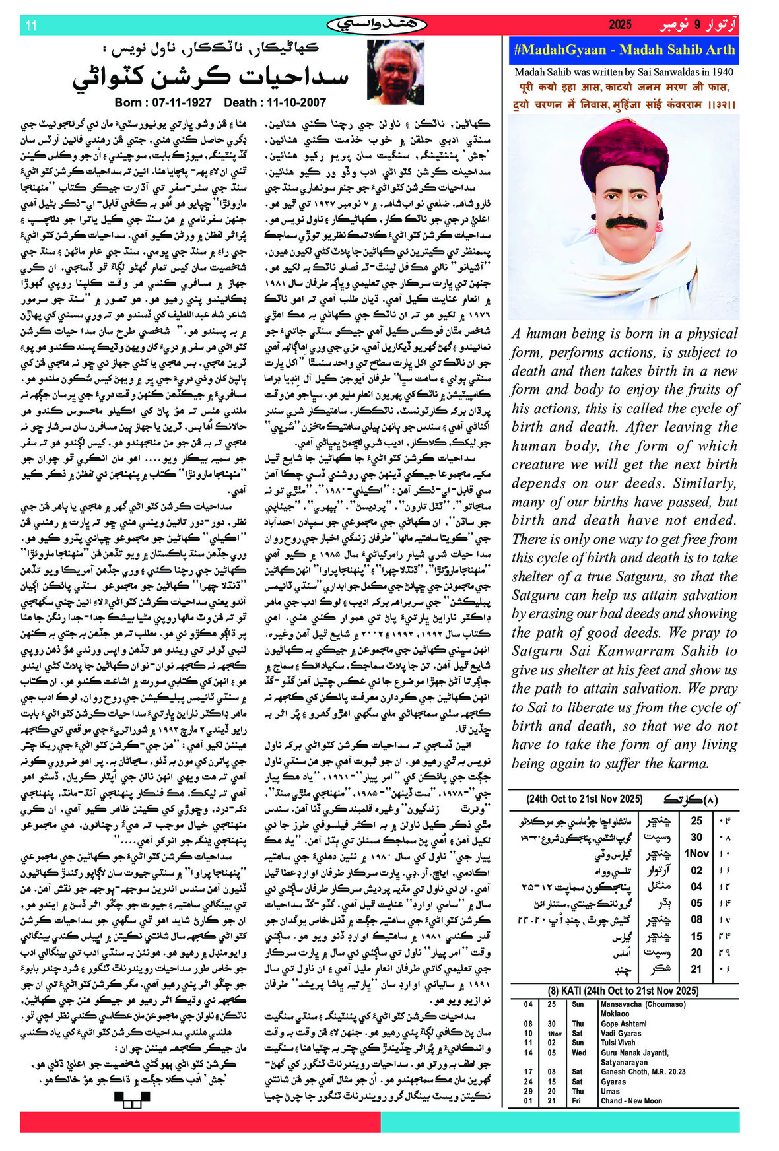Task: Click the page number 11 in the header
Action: pos(30,26)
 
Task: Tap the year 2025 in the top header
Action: pos(620,25)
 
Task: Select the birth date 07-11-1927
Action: pos(162,102)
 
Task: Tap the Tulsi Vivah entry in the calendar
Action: pos(619,1043)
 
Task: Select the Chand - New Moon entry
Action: pos(630,1101)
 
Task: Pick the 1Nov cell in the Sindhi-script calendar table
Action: pos(696,853)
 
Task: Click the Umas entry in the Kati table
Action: pos(610,1091)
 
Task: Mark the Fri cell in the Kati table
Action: pos(576,1101)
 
